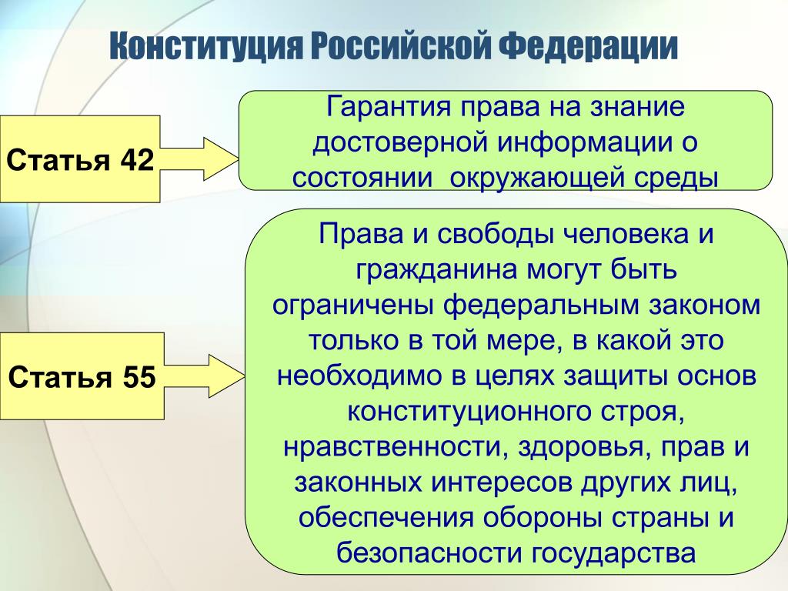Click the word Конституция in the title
pos(206,48)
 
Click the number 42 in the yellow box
pos(137,160)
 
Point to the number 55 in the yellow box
pos(139,377)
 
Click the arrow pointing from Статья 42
pos(199,159)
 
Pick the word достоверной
pos(400,142)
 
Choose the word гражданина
pos(436,270)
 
